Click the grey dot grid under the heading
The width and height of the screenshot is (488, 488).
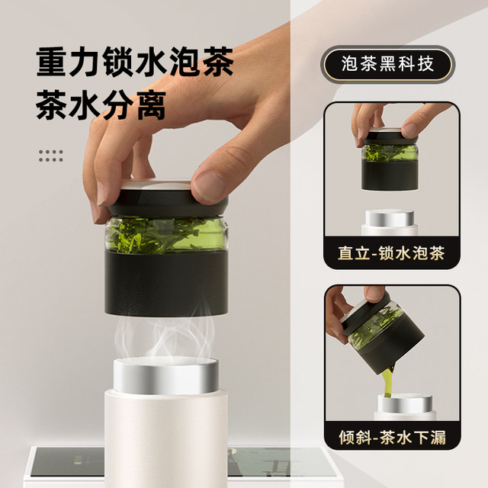50,156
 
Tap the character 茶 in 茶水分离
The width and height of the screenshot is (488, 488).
51,106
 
